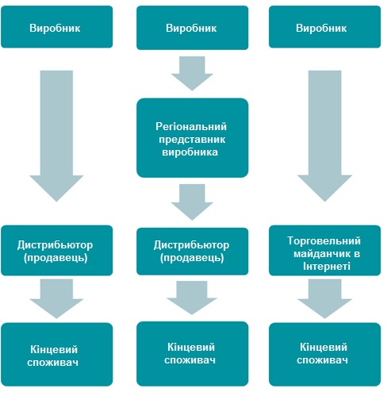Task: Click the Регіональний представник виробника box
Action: click(192, 138)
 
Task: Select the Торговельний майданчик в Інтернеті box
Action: click(324, 250)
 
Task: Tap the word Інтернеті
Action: click(327, 266)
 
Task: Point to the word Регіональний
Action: click(191, 127)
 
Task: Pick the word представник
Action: click(192, 140)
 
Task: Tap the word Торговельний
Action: click(324, 240)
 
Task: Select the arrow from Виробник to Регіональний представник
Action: click(192, 73)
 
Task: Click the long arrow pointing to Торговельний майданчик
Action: click(324, 136)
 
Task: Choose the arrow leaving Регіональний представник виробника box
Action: click(192, 202)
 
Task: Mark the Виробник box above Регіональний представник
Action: click(192, 28)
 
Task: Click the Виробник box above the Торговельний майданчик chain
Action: click(324, 27)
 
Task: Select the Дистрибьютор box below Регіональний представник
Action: click(192, 252)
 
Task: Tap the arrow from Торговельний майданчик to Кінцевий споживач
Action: click(324, 298)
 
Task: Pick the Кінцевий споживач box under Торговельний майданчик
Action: click(324, 355)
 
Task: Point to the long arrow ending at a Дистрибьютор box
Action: click(56, 136)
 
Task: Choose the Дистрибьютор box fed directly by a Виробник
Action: click(56, 250)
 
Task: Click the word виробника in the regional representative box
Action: click(190, 152)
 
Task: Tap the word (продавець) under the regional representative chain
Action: click(192, 258)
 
